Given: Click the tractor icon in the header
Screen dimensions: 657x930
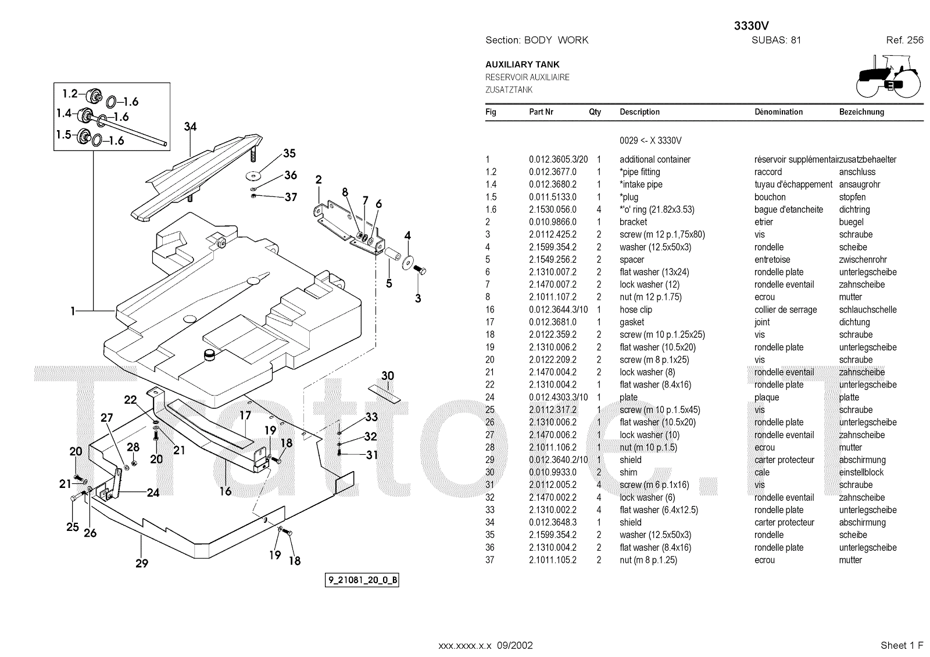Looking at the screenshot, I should point(889,76).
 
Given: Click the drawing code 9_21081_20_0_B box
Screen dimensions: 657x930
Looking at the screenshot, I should point(362,580).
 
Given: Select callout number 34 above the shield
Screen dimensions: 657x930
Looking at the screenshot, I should point(190,127).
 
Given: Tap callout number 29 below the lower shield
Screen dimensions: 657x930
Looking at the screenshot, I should point(142,563).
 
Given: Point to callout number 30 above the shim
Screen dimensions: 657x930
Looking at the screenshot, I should point(388,376).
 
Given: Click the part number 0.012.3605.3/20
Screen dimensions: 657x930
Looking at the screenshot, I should point(558,159).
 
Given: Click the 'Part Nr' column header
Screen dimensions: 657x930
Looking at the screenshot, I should point(541,112).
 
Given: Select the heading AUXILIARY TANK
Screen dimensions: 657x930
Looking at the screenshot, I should point(523,64).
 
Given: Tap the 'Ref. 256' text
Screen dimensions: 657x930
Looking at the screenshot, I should point(904,40).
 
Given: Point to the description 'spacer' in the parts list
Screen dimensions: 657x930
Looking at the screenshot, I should point(632,260).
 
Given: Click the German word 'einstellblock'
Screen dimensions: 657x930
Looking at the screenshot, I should point(861,472).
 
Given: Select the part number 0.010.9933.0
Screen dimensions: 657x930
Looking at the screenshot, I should point(553,472).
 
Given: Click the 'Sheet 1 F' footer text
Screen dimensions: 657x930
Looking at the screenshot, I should point(902,645).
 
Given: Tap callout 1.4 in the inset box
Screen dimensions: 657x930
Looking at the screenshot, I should point(64,114).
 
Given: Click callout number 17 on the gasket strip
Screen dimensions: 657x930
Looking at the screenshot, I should point(245,415).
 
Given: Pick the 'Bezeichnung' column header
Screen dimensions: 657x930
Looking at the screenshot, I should point(861,112).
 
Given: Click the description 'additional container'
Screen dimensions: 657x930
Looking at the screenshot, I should point(655,159).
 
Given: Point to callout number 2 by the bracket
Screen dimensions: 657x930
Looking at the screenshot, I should point(319,180).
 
